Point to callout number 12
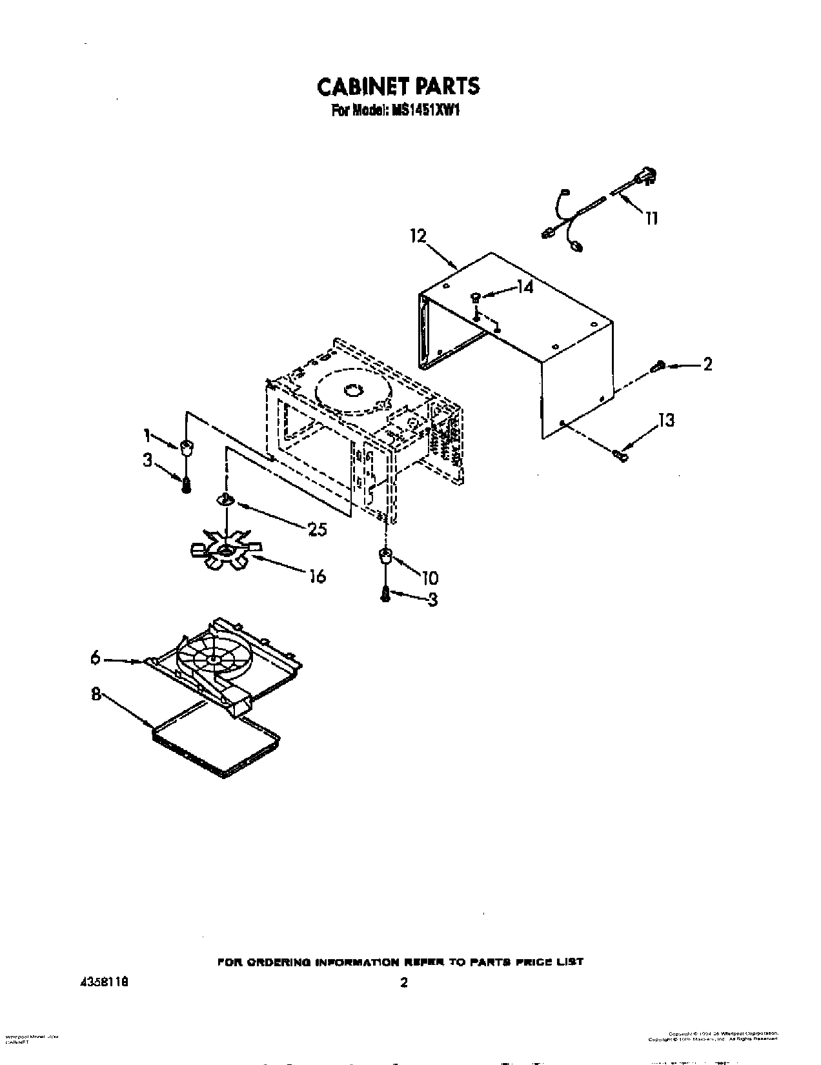coord(418,236)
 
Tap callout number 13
coord(666,420)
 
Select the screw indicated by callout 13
coord(620,456)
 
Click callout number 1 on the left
coord(148,436)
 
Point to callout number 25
coord(317,530)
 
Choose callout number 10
coord(430,577)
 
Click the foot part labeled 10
coord(385,556)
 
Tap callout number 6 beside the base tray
coord(96,658)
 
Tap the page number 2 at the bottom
coord(404,983)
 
